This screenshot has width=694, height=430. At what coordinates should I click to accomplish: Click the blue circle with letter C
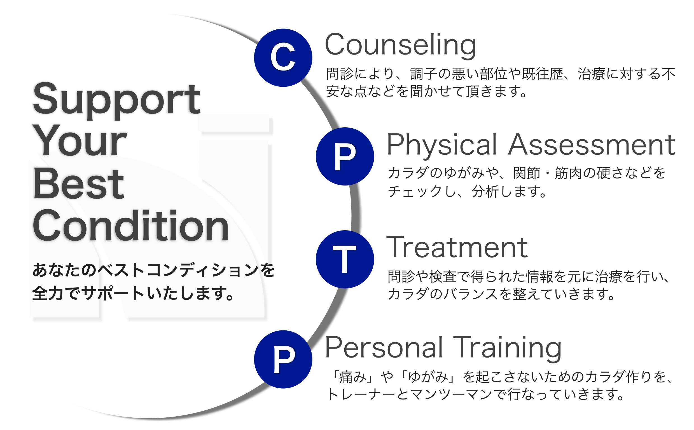(x=283, y=58)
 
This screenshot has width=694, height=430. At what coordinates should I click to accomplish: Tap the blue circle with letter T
(x=345, y=259)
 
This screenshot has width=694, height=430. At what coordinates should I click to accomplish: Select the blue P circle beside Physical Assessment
(x=345, y=156)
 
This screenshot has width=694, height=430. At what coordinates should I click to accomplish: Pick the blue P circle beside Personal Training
(x=283, y=359)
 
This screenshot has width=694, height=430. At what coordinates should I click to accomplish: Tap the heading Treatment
(x=457, y=247)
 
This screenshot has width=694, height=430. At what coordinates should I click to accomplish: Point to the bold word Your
(x=80, y=141)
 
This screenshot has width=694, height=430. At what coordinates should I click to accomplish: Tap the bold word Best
(x=79, y=184)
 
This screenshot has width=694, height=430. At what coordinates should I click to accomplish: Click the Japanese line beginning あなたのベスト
(x=153, y=270)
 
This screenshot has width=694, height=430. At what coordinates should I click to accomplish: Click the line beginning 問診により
(x=501, y=74)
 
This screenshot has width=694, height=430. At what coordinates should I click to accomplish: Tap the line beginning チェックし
(x=467, y=191)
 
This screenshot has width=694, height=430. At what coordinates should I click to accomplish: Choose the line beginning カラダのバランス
(x=501, y=294)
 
